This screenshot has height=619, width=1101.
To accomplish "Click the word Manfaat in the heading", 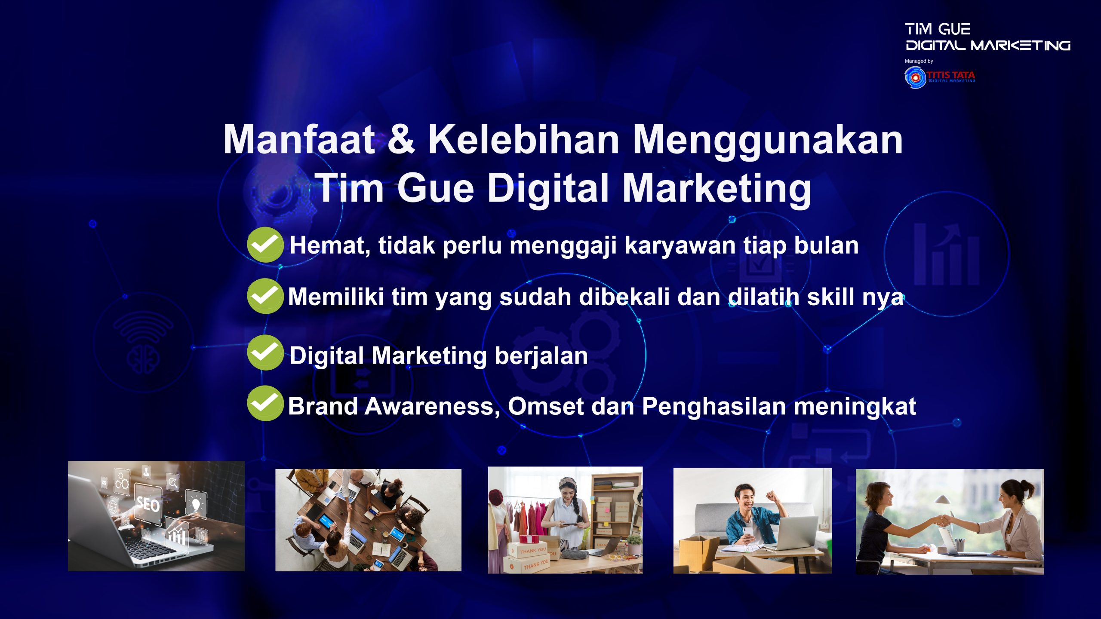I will coord(299,139).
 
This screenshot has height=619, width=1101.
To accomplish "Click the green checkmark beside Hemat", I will coord(265,245).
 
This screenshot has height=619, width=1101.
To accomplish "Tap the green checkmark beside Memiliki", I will coord(265,296).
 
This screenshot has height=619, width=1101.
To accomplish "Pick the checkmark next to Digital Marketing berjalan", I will coord(265,352).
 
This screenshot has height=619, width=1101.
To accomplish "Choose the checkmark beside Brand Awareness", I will coord(265,403).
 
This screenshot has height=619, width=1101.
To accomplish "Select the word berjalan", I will coord(541,356).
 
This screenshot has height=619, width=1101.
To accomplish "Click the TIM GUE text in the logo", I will coord(938,29).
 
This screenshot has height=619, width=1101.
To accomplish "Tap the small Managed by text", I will coord(919,61).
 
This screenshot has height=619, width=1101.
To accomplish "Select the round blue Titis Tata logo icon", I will coord(915,78).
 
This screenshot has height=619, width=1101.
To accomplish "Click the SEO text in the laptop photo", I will coord(148,504).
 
